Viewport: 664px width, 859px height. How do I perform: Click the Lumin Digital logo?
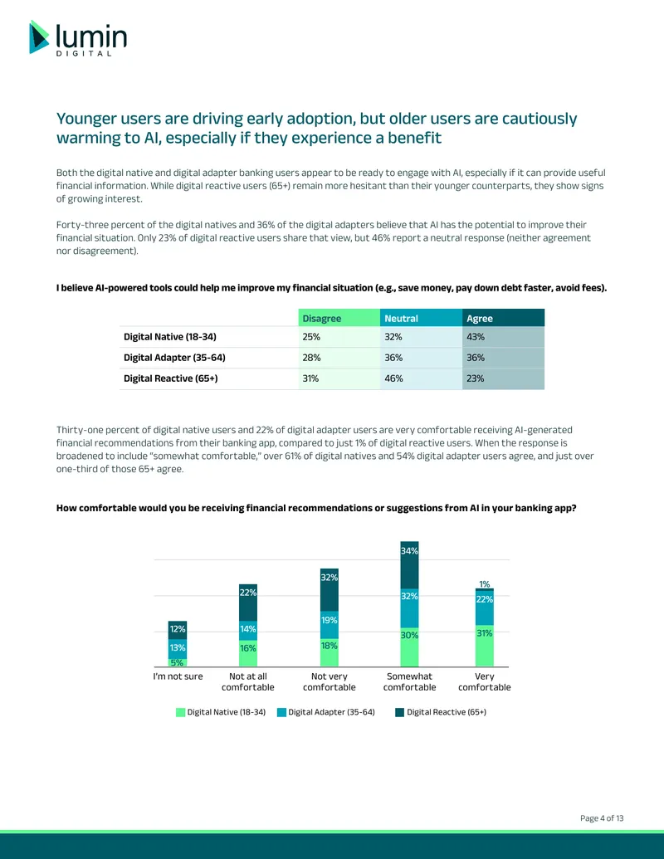click(x=78, y=38)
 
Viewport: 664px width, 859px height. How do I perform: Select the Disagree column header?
click(x=339, y=318)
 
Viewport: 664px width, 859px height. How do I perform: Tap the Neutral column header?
click(x=422, y=318)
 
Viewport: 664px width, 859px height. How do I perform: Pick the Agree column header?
click(x=504, y=318)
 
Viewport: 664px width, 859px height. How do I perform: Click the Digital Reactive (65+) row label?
click(x=170, y=378)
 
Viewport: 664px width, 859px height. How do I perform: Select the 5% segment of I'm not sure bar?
click(x=178, y=663)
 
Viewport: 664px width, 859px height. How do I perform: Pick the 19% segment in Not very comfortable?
click(x=330, y=625)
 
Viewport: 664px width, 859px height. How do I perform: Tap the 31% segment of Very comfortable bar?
click(x=484, y=646)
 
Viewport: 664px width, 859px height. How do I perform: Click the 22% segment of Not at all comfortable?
click(x=248, y=602)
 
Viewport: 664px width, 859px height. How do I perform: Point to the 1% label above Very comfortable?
click(x=484, y=584)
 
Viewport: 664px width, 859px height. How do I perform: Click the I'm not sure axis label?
click(x=178, y=676)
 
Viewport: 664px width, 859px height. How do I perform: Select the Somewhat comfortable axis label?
click(x=409, y=682)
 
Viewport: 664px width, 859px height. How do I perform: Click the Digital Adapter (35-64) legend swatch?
click(x=281, y=712)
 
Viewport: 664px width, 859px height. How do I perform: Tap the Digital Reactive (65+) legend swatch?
click(x=399, y=712)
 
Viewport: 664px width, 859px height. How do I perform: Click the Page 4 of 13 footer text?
click(x=602, y=818)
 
